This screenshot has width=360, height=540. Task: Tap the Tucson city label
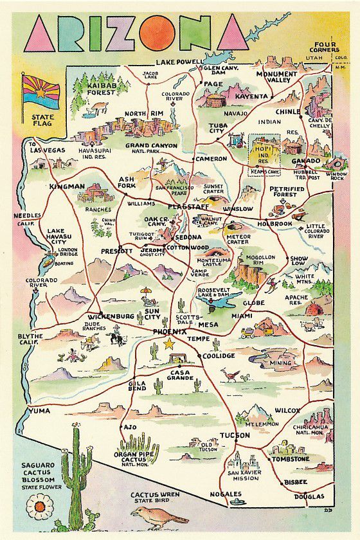pos(235,435)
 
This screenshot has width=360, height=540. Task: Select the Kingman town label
pos(67,186)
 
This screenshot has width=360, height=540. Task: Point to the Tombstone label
pos(290,459)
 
